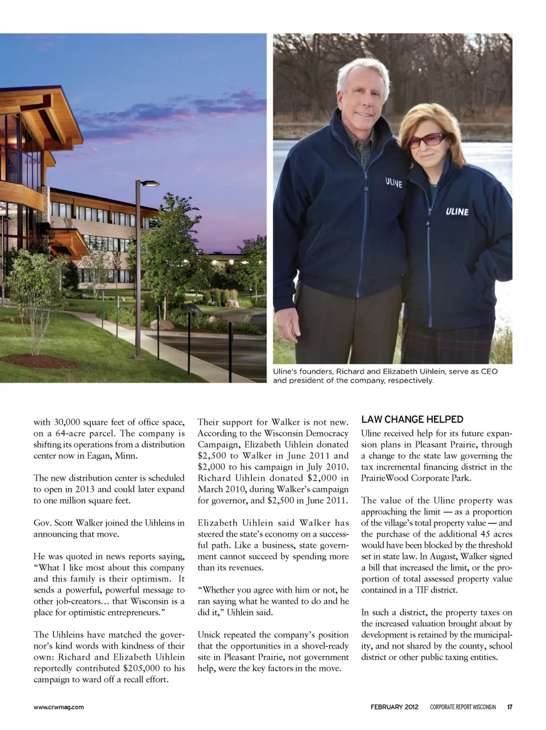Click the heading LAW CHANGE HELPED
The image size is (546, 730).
click(412, 420)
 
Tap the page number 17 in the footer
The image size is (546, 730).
click(510, 707)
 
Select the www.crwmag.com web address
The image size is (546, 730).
click(59, 707)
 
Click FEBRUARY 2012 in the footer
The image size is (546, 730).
click(394, 707)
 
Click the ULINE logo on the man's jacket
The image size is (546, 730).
click(393, 183)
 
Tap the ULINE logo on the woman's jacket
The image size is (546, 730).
click(457, 211)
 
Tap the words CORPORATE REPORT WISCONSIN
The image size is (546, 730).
click(462, 707)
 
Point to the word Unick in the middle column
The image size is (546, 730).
click(209, 634)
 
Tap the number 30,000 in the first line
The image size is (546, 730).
click(68, 422)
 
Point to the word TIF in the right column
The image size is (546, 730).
click(421, 590)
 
